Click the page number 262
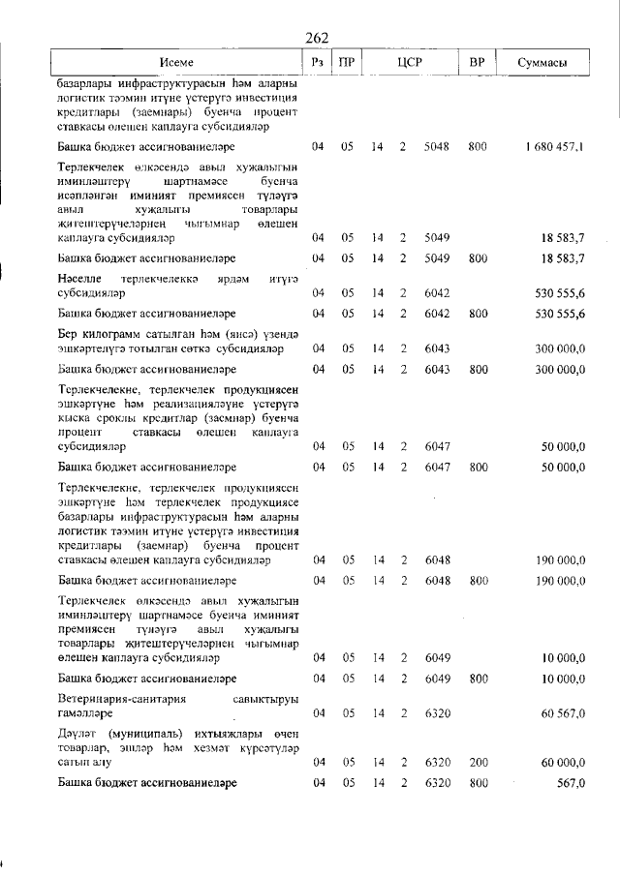coord(317,38)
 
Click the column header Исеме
coord(176,63)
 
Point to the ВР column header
coord(477,63)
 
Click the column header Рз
coord(317,63)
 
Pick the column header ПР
coord(346,63)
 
